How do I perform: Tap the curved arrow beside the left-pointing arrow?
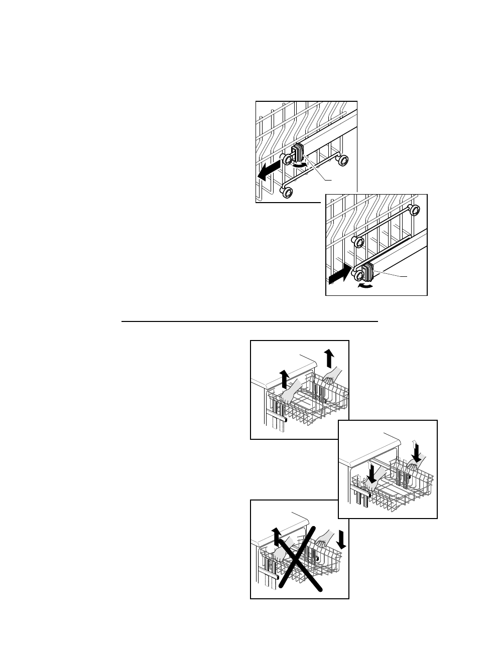[299, 164]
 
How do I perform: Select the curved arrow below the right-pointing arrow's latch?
[365, 285]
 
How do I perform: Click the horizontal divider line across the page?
[249, 321]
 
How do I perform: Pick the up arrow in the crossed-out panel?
[275, 536]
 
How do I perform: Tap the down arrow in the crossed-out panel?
[342, 540]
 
